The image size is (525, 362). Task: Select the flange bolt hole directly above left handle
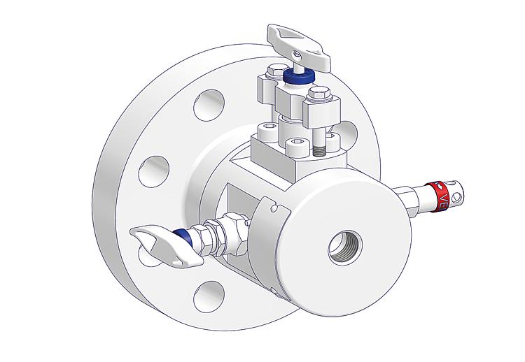click(152, 170)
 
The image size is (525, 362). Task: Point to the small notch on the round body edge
click(275, 207)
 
